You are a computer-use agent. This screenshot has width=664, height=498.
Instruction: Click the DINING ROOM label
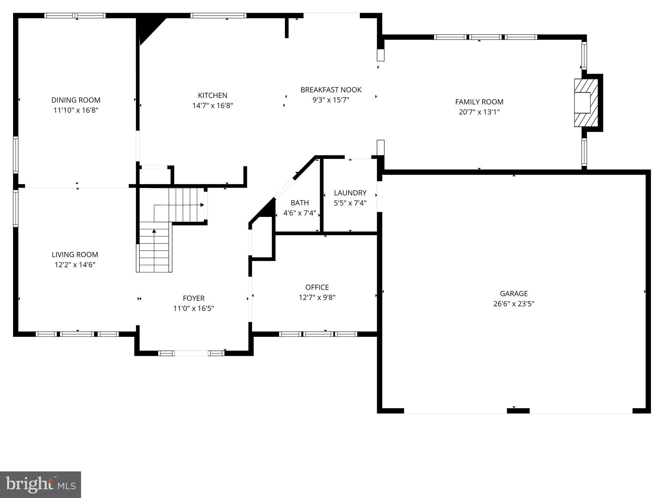click(76, 100)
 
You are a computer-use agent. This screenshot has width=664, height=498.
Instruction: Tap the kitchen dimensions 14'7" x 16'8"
click(213, 106)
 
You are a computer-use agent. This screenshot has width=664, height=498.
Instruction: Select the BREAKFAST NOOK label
click(331, 90)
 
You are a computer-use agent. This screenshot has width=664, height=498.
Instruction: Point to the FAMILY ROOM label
click(479, 102)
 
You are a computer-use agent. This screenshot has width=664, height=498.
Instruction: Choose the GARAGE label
click(514, 294)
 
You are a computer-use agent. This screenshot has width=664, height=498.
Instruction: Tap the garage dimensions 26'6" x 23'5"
click(514, 304)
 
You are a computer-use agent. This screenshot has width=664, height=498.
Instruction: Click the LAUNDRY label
click(350, 193)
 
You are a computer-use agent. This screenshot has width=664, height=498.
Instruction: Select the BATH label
click(300, 203)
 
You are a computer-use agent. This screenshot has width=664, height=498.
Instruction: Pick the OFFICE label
click(317, 287)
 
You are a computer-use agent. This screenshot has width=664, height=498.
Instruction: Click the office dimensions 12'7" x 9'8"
click(317, 297)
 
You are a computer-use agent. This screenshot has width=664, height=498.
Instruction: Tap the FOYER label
click(194, 298)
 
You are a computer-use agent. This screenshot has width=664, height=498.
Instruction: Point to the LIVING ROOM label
click(75, 255)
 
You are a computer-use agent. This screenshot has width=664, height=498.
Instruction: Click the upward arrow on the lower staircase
click(154, 231)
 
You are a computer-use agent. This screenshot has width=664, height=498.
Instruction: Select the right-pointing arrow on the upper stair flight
click(202, 205)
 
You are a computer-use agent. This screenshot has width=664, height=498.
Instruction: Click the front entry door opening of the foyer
click(191, 353)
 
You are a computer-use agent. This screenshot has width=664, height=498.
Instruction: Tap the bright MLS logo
click(41, 485)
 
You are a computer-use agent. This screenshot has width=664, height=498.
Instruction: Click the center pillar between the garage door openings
click(518, 411)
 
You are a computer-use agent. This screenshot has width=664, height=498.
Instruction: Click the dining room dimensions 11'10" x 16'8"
click(76, 110)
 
